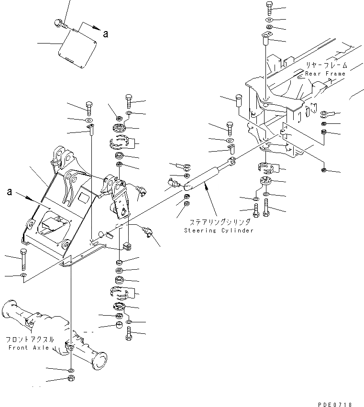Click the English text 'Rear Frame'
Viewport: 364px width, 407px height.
tap(325, 74)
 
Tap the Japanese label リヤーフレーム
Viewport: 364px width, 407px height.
tap(327, 65)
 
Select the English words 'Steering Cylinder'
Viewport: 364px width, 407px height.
tap(219, 231)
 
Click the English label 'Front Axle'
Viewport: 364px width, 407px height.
tap(29, 348)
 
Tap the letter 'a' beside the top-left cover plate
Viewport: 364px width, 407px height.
tap(105, 33)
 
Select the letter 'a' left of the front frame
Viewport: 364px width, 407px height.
tap(9, 192)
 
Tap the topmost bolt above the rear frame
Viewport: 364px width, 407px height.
tap(268, 8)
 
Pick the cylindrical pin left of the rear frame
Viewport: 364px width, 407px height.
tap(240, 102)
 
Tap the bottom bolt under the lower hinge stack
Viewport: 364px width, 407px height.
tap(129, 334)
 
